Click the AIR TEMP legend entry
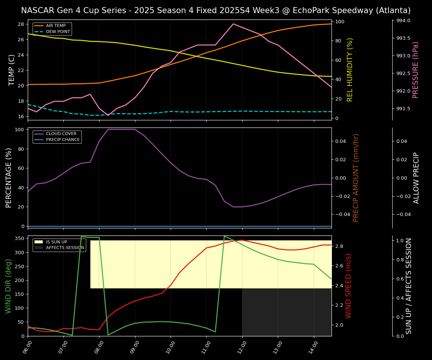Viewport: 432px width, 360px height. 55,26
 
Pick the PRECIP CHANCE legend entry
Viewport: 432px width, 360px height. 63,140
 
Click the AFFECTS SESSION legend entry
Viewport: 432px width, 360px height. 65,247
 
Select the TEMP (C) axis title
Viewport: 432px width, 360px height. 12,70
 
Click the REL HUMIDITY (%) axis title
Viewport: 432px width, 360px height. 350,70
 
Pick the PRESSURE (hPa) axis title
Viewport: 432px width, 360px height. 415,70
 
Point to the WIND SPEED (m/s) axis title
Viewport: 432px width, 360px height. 348,286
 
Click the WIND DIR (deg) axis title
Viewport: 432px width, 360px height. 8,286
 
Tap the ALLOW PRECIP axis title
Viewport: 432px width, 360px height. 416,178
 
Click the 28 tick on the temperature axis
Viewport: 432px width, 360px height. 21,24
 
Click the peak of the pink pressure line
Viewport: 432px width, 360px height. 233,24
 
